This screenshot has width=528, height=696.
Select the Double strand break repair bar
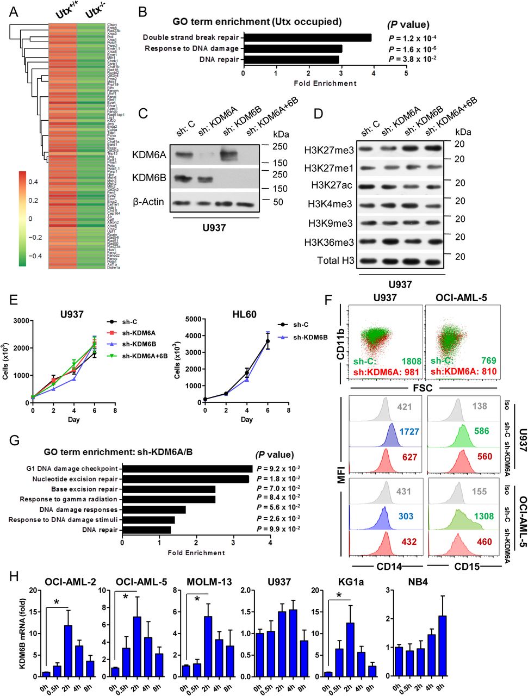click(x=307, y=38)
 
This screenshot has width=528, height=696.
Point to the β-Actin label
click(x=148, y=202)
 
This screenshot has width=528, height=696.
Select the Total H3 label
click(x=336, y=261)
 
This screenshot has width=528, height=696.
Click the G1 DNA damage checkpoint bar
click(x=187, y=469)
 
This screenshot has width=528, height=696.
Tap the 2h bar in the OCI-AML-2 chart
click(x=67, y=651)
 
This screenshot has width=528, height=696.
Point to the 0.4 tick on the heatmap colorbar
click(x=33, y=182)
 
